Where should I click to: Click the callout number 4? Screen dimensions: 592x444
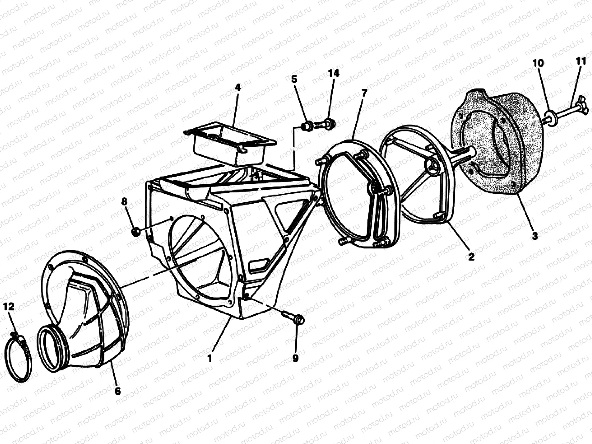coord(238,87)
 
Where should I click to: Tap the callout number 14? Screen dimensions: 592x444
coord(334,73)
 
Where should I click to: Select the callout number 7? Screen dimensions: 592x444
coord(364,93)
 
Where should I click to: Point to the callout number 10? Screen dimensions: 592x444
coord(538,63)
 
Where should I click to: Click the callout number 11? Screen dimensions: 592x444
coord(581,61)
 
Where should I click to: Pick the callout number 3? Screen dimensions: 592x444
coord(535,236)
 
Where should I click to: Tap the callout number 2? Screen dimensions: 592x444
coord(471,256)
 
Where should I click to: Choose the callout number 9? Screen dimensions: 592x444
coord(296,358)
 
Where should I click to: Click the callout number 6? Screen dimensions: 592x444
coord(118,391)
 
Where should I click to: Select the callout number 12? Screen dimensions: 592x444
coord(9,306)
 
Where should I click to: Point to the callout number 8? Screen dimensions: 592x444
coord(124,201)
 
